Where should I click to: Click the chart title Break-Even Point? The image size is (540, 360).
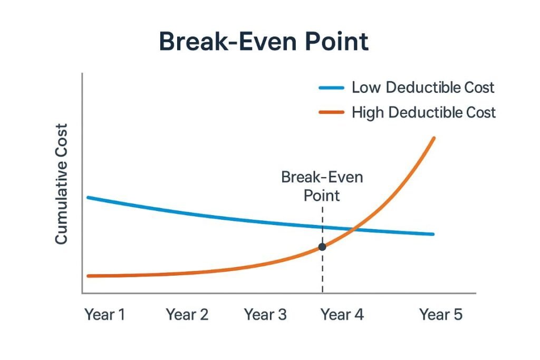tap(264, 42)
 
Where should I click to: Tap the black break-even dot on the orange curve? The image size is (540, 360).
tap(322, 246)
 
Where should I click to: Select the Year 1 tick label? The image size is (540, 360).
tap(105, 315)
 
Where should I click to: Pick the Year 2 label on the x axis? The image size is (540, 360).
tap(187, 315)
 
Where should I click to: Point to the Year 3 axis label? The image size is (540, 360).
tap(265, 315)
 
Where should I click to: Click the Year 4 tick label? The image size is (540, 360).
tap(342, 315)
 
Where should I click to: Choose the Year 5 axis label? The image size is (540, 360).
tap(441, 315)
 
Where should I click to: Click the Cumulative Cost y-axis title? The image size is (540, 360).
tap(62, 184)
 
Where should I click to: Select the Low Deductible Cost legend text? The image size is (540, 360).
tap(423, 87)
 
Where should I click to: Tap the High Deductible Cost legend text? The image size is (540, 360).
tap(423, 112)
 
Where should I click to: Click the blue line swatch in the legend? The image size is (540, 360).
tap(332, 88)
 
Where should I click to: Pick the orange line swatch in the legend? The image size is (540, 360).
tap(332, 112)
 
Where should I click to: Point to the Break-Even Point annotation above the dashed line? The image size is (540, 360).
tap(322, 186)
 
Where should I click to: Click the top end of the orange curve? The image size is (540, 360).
tap(433, 138)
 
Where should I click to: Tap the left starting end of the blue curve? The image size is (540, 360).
tap(88, 198)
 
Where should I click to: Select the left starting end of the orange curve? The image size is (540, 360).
tap(89, 276)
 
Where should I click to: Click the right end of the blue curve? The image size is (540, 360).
tap(433, 234)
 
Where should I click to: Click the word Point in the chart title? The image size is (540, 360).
tap(331, 42)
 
